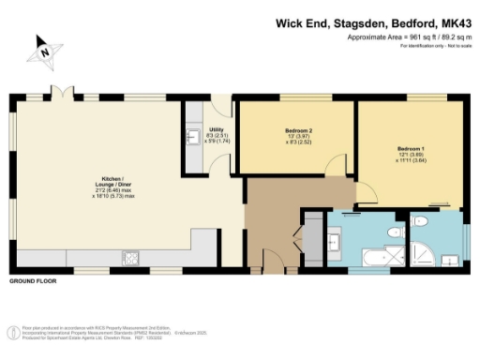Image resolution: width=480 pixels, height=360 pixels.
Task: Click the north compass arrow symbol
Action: pyautogui.click(x=45, y=52)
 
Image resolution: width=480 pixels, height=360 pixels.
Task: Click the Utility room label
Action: pyautogui.click(x=216, y=131)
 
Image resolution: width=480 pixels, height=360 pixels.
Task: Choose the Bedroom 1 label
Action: pyautogui.click(x=411, y=149)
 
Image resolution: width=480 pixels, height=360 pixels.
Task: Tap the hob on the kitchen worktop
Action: pyautogui.click(x=129, y=255)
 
